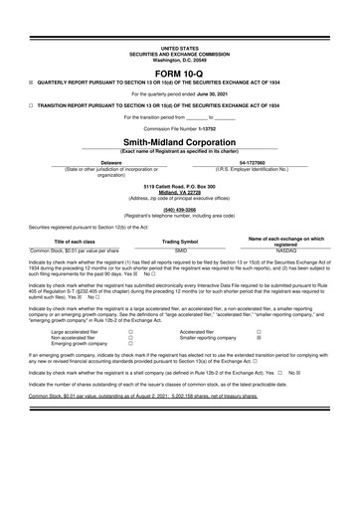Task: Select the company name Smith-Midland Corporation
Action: click(x=180, y=141)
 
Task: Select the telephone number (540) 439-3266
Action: click(x=180, y=210)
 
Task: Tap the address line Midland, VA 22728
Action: click(x=180, y=192)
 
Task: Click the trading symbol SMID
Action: click(x=181, y=252)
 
